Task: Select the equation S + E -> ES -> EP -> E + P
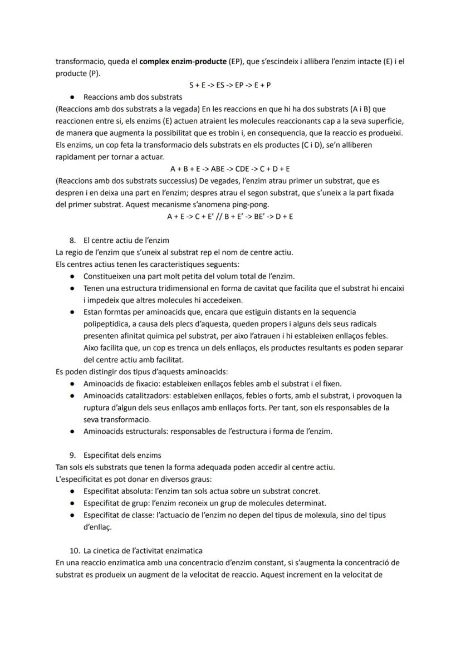[x=230, y=85]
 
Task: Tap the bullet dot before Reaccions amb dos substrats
[x=72, y=97]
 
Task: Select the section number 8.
[x=72, y=241]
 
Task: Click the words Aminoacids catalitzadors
[x=126, y=395]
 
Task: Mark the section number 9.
[x=72, y=455]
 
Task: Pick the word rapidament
[x=76, y=156]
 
